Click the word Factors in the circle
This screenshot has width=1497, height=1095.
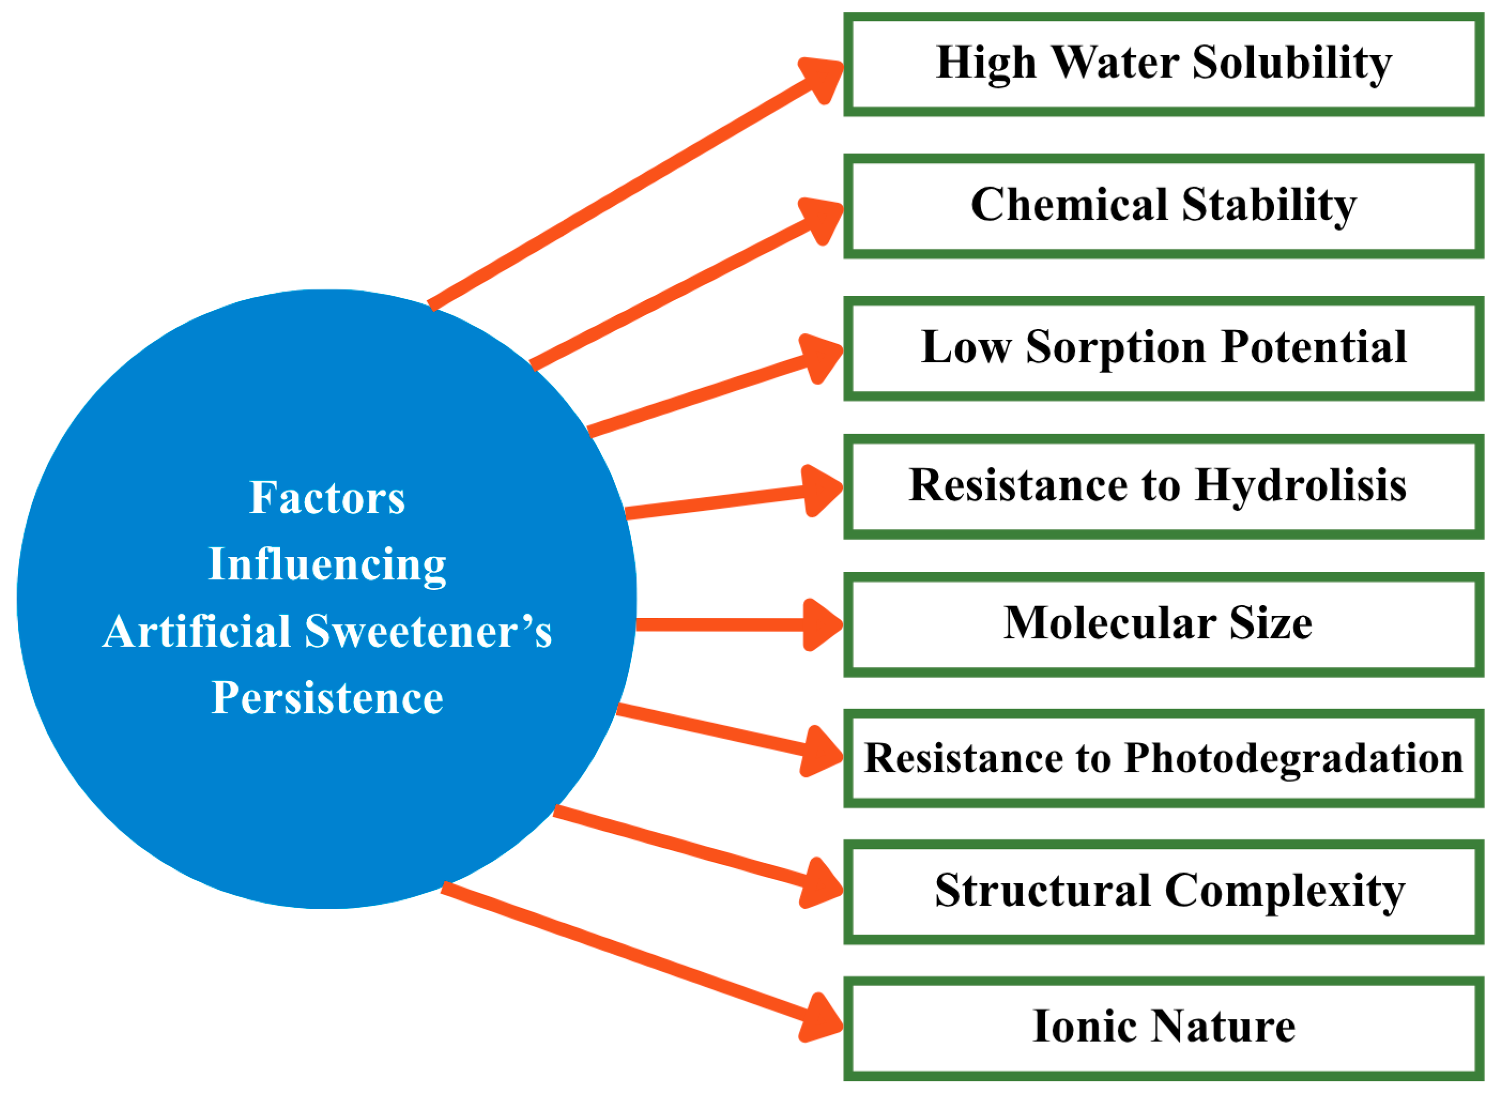(327, 497)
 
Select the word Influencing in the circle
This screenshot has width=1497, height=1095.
(327, 565)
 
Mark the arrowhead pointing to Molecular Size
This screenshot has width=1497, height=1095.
(822, 624)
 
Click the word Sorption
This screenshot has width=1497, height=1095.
(1116, 348)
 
